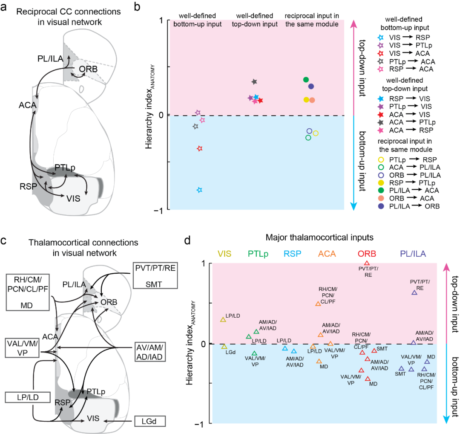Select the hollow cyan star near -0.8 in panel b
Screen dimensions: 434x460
point(199,190)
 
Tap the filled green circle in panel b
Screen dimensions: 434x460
point(306,80)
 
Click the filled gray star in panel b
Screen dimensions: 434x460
point(254,81)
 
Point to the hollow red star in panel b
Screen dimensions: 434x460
point(199,148)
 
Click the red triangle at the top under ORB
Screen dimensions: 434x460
point(367,263)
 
